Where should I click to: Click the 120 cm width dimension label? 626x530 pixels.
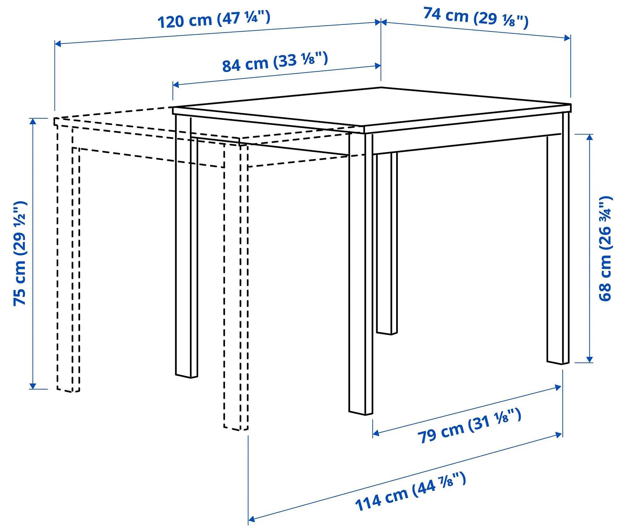[214, 19]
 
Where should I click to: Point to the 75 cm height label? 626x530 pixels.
[20, 254]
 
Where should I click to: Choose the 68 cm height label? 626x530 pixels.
[605, 249]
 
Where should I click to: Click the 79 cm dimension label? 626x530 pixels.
[469, 426]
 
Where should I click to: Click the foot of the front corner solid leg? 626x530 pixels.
[361, 413]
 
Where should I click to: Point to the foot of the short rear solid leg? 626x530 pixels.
[387, 333]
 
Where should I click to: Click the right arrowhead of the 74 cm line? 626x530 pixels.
[567, 38]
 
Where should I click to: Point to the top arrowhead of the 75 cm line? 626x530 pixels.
[33, 121]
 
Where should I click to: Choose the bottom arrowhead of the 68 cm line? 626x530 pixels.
[590, 360]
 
